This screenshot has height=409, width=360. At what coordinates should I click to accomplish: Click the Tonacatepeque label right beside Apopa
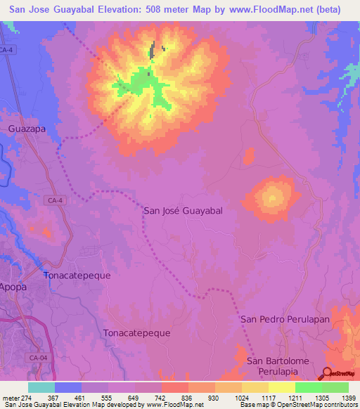click(x=77, y=275)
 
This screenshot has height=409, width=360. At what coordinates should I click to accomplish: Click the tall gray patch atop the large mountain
click(x=151, y=51)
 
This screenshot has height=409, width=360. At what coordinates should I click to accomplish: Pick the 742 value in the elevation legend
click(x=161, y=398)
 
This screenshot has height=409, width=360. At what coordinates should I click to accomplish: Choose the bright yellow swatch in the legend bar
click(x=281, y=387)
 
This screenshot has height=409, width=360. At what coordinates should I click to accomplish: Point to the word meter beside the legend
click(x=10, y=398)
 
